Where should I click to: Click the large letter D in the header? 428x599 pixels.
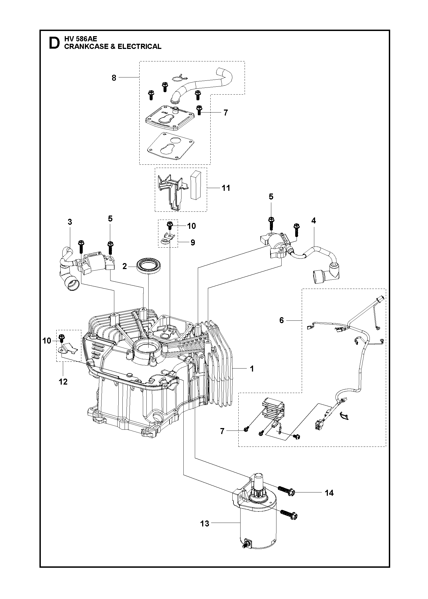point(54,43)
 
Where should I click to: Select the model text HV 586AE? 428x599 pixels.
point(81,39)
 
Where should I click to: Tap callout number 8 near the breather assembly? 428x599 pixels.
point(114,78)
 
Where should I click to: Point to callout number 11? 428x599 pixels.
point(226,188)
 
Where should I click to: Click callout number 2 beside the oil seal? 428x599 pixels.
point(125,266)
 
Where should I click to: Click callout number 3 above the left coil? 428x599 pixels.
point(70,222)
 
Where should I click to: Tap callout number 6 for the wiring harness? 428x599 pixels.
point(281,320)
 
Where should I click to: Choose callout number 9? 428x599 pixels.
point(193,242)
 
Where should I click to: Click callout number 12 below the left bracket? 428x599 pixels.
point(63,382)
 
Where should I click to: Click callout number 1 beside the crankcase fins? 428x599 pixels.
point(252,369)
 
